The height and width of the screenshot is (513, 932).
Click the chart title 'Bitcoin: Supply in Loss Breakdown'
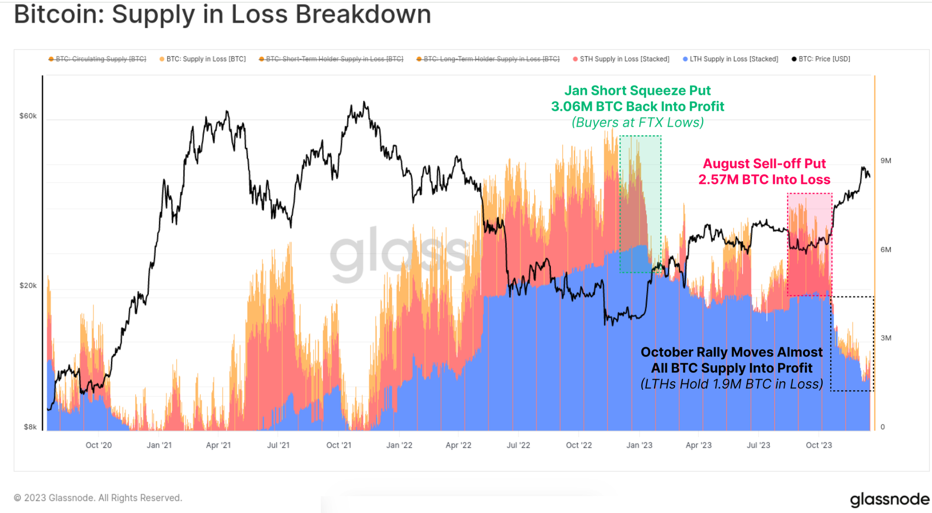pos(222,14)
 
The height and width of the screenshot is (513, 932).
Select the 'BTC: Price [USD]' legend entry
pos(823,59)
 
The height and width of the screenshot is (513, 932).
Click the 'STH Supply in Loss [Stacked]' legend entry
pos(624,59)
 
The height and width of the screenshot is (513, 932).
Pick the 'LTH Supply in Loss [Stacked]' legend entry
pos(733,59)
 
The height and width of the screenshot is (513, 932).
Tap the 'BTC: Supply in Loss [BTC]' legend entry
pos(206,59)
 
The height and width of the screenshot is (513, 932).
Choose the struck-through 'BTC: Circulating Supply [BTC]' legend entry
pos(100,59)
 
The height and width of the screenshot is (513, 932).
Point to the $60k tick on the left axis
pos(28,116)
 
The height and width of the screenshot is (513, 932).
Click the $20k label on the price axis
pos(28,286)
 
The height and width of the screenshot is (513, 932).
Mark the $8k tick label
pos(30,427)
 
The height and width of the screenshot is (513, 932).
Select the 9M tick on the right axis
pos(885,161)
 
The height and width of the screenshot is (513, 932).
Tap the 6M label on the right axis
pos(885,250)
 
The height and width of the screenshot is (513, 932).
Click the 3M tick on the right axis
pos(885,338)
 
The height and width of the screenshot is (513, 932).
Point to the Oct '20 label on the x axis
pos(98,445)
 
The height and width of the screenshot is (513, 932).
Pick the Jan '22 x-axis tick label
pos(399,445)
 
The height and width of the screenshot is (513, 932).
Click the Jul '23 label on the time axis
pos(758,445)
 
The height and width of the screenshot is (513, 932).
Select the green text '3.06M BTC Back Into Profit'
pos(637,106)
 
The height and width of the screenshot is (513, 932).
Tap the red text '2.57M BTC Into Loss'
pos(764,180)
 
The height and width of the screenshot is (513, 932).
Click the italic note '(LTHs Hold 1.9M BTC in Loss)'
pos(731,384)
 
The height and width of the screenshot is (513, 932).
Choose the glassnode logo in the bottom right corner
pos(889,500)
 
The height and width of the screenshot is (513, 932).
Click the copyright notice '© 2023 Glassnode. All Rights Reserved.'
pos(98,498)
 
